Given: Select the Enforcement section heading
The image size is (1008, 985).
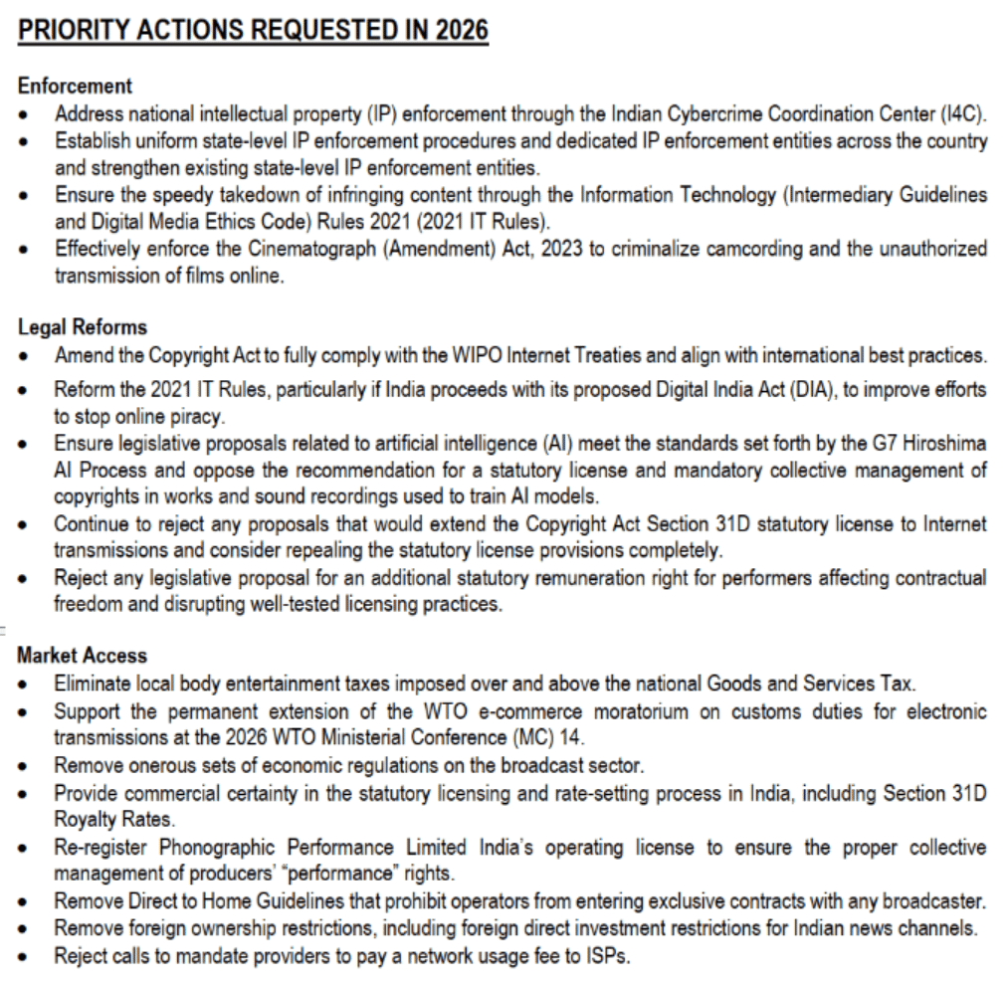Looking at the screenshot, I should [x=75, y=87].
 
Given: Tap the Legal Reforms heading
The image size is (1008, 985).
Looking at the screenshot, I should [x=82, y=327].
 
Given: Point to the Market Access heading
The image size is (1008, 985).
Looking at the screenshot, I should [x=82, y=656].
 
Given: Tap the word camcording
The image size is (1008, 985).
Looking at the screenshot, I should [x=729, y=249].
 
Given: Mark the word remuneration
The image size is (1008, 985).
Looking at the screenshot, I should [x=601, y=578].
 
